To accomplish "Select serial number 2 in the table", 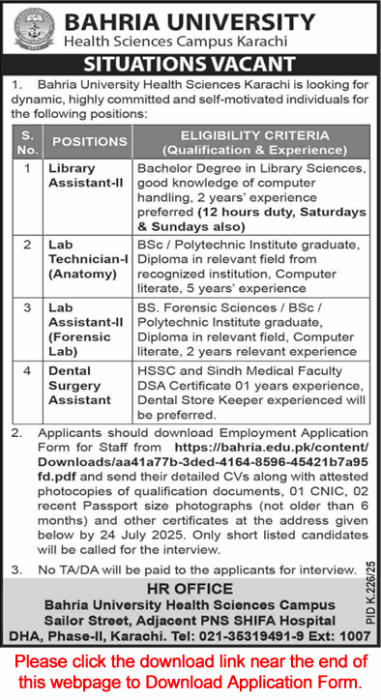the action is [28, 246].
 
